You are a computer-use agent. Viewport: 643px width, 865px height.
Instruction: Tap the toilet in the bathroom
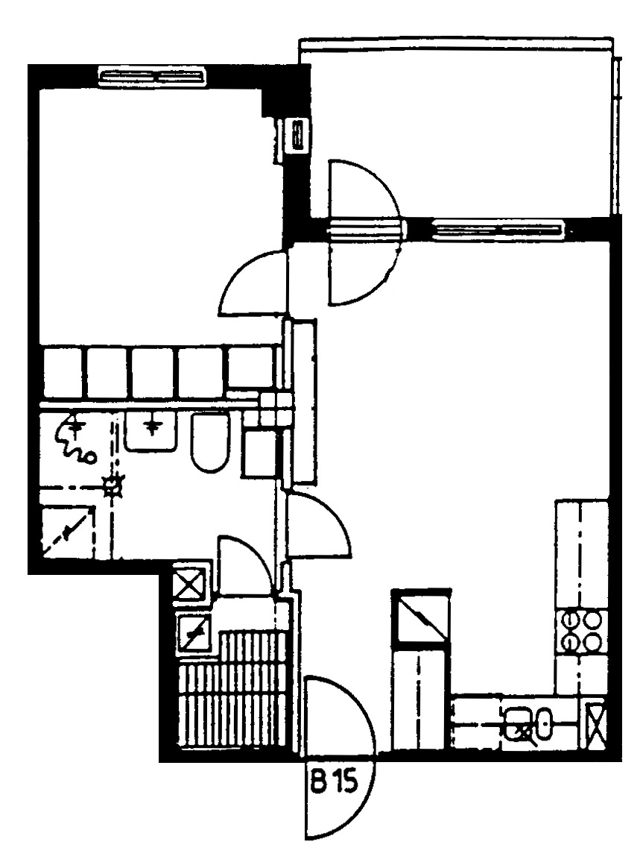[210, 442]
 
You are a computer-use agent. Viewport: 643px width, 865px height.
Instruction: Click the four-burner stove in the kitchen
[580, 631]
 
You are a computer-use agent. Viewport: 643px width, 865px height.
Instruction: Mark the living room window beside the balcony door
[496, 229]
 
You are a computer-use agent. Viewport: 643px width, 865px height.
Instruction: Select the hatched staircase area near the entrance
[233, 690]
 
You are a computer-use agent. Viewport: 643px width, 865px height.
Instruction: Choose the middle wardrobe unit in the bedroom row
[153, 371]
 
